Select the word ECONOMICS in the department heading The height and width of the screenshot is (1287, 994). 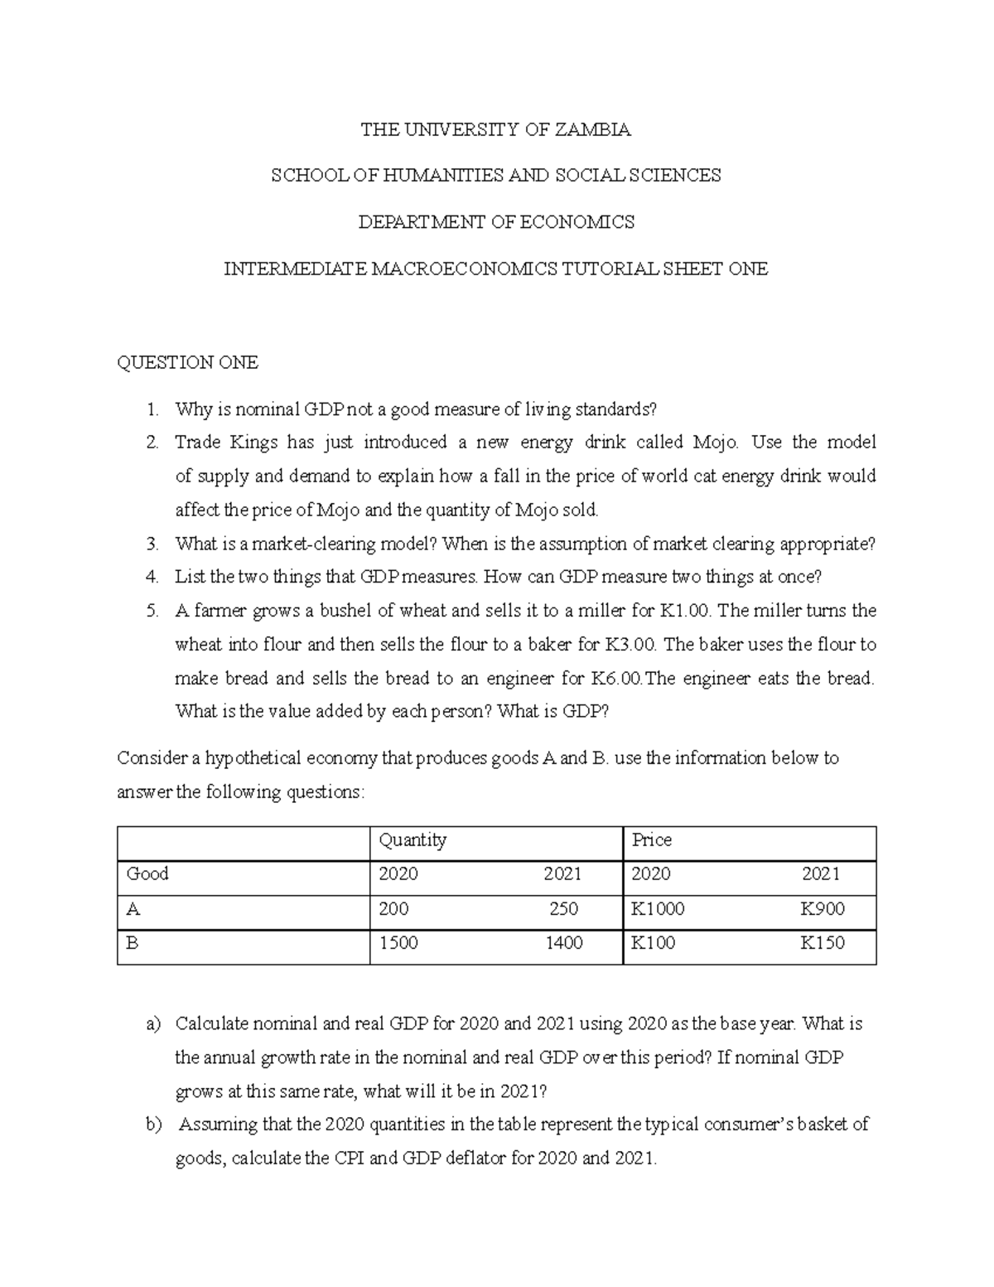click(581, 222)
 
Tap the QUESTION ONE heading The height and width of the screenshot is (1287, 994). click(187, 362)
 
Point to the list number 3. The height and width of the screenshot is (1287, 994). click(151, 544)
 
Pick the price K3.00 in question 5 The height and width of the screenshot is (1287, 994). click(630, 645)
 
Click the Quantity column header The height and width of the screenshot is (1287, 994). click(413, 840)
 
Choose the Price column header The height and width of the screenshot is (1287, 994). click(652, 840)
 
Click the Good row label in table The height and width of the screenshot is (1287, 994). click(147, 873)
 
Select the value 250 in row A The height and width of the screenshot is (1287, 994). click(563, 909)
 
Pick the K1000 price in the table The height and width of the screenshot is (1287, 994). click(658, 909)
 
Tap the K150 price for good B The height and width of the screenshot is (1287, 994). click(822, 943)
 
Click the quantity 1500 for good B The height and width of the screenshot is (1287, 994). click(398, 943)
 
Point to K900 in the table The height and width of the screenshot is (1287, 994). click(822, 909)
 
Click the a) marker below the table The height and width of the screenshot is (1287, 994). click(152, 1024)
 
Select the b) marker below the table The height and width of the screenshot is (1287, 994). click(152, 1125)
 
